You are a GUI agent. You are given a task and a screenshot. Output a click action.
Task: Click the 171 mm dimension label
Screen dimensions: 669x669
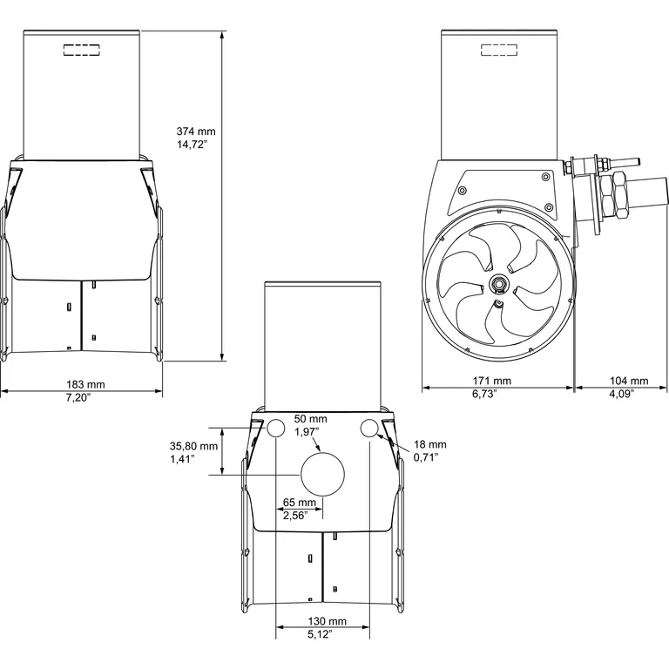[x=492, y=381]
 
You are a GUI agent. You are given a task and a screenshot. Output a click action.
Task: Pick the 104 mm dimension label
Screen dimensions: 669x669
[x=629, y=381]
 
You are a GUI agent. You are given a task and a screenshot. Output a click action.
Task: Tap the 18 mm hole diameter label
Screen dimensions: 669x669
[x=429, y=443]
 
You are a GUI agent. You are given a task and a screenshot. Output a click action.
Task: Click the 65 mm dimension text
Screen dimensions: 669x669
[x=301, y=503]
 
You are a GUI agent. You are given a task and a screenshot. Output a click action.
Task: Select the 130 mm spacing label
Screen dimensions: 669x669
[x=328, y=622]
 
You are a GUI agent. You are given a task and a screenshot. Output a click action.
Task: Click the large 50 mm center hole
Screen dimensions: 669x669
[x=322, y=472]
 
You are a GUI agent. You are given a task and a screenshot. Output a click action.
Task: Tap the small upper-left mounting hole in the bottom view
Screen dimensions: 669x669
[x=276, y=428]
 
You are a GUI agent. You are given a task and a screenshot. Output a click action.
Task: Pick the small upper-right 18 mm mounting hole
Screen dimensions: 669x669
[x=368, y=428]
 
